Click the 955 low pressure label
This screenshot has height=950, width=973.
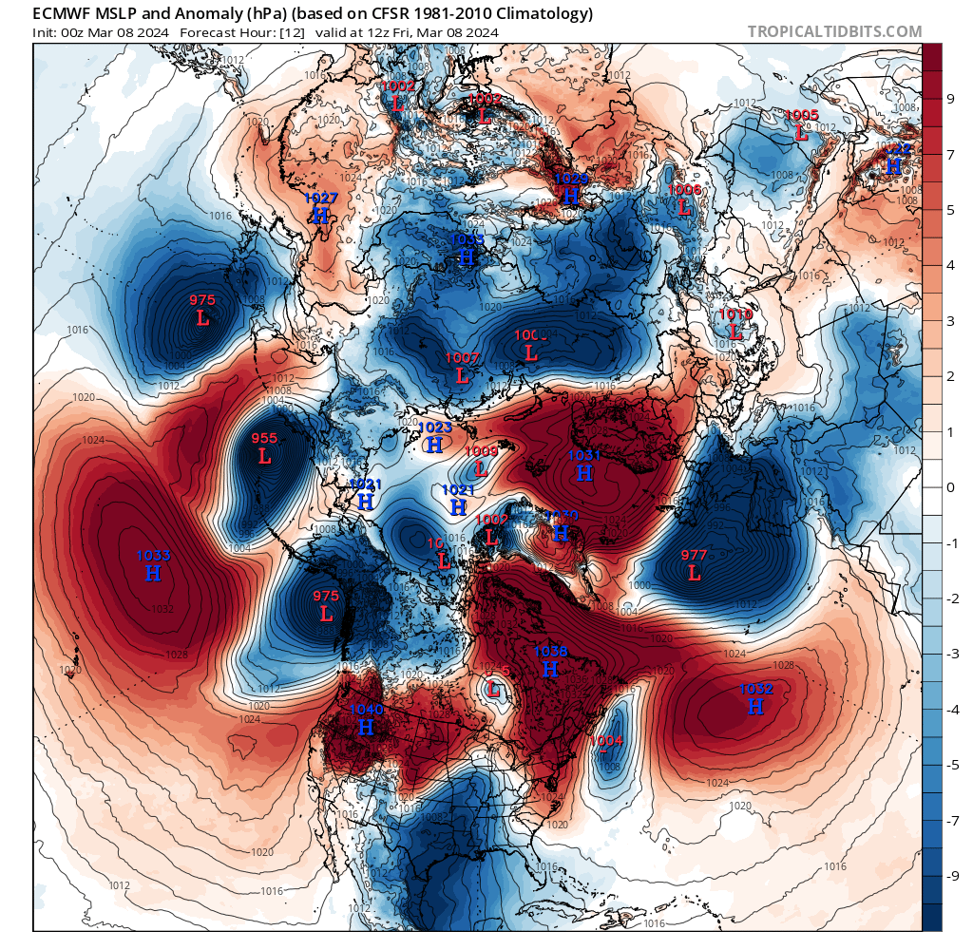click(264, 439)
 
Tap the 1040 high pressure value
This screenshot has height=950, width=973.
click(366, 710)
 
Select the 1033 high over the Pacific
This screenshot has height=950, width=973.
click(153, 556)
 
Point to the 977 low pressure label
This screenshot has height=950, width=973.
click(695, 556)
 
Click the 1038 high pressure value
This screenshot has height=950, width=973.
click(551, 652)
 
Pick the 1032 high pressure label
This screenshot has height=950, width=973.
click(756, 690)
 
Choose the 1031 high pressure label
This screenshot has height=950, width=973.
click(584, 455)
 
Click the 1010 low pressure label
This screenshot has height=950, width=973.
click(735, 314)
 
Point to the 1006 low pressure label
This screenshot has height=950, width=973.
click(684, 190)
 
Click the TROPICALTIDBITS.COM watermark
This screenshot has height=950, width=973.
click(834, 31)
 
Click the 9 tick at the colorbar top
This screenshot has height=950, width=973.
click(949, 98)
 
